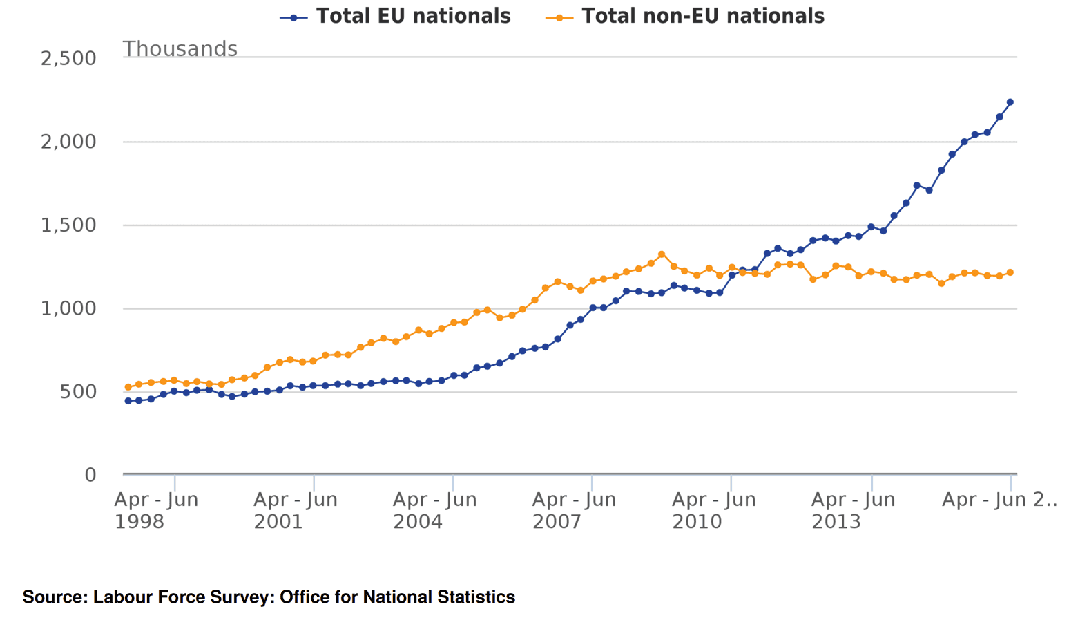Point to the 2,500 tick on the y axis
(68, 58)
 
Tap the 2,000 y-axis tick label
(68, 142)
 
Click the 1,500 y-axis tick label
(68, 225)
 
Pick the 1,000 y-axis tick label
(68, 308)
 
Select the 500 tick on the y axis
(78, 392)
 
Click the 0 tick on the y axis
(90, 475)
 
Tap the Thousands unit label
(180, 49)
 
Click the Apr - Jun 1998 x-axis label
(156, 510)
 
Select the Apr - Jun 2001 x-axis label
(296, 510)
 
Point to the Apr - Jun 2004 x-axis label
(435, 510)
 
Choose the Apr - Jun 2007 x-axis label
(574, 510)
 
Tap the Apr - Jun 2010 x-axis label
(714, 510)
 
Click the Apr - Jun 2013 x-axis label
(853, 510)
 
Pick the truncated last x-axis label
(999, 500)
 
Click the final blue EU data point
(1010, 102)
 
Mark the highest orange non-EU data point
(662, 254)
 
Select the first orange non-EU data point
(128, 387)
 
